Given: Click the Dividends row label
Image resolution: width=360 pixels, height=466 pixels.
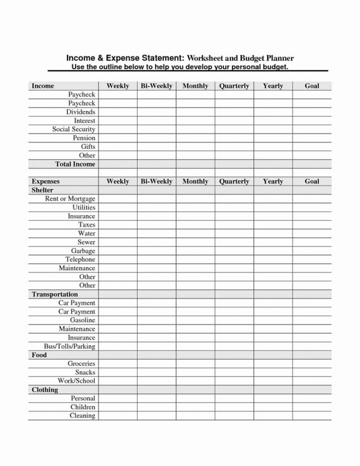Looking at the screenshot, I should (81, 112).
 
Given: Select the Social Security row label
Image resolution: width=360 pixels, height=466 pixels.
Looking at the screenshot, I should (74, 129).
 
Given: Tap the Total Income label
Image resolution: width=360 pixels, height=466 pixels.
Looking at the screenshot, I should (75, 164).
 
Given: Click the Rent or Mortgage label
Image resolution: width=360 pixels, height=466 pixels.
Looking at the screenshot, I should (70, 199).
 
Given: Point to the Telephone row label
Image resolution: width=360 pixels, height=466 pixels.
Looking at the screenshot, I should (80, 259).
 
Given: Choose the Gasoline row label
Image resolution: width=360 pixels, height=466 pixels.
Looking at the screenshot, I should (82, 320).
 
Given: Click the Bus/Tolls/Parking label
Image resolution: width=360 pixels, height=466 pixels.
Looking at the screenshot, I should (69, 346).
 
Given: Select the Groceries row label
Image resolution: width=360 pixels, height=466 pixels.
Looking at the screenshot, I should (81, 364).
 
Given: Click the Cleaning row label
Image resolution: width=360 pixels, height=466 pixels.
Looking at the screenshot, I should (82, 416).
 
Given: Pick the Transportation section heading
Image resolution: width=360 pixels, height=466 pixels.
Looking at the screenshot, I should (54, 294).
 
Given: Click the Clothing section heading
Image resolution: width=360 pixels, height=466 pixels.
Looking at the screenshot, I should (44, 390).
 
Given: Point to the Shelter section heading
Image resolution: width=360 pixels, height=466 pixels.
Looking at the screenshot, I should (42, 190).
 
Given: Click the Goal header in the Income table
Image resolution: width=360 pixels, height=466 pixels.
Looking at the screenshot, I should (312, 86).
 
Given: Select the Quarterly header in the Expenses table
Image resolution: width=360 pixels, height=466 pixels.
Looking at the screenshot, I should (234, 182).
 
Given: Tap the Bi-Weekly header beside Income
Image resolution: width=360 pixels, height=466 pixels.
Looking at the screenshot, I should (156, 86).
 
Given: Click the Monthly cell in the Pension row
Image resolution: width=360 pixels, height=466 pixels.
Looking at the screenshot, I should (195, 138).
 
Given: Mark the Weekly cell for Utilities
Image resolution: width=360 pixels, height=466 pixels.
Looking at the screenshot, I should (118, 208).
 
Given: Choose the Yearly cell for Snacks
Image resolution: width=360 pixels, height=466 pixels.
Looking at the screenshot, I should (273, 372).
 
